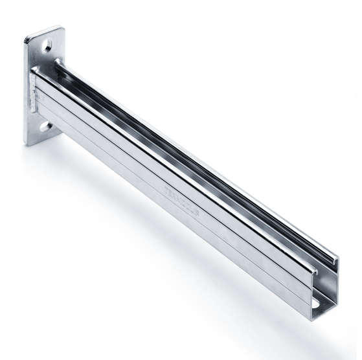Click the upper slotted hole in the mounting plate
click(48, 46)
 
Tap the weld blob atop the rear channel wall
click(58, 62)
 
